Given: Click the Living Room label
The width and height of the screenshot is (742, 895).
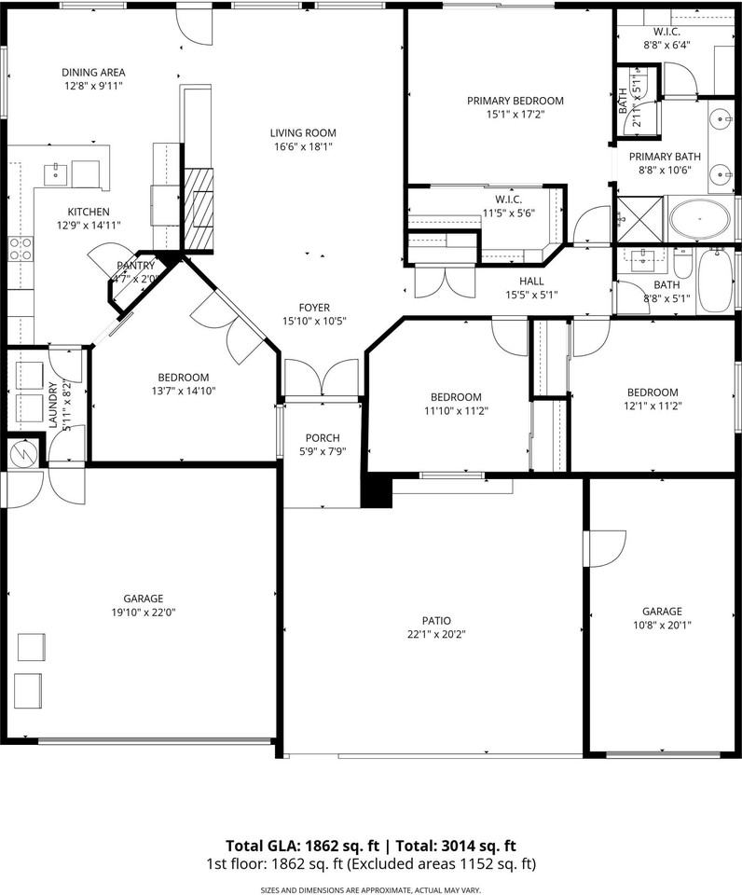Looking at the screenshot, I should [303, 132].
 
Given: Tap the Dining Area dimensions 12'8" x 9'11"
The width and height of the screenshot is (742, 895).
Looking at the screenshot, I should [93, 86].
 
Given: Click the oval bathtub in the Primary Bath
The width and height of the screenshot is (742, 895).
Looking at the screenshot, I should [699, 222].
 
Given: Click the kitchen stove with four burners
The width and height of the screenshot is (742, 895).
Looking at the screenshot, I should [21, 248].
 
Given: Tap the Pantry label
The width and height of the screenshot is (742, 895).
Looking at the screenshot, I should [134, 266].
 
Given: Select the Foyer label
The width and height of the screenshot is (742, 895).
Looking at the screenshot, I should [314, 308].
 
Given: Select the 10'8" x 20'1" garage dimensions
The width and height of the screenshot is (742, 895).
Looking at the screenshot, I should [661, 626].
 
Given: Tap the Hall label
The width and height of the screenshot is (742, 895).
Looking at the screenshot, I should [531, 281].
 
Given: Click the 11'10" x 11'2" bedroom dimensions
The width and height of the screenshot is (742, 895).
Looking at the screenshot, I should [456, 410].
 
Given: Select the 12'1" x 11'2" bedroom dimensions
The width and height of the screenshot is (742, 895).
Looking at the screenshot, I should [652, 406].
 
